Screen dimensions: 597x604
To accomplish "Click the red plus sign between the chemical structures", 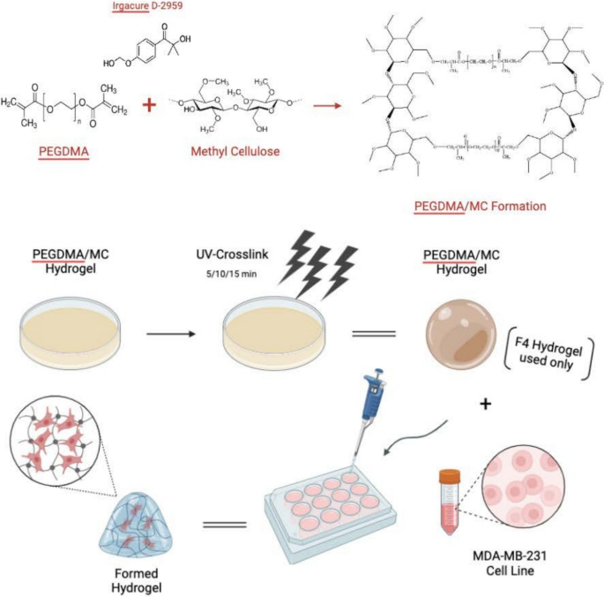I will (x=150, y=105).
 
